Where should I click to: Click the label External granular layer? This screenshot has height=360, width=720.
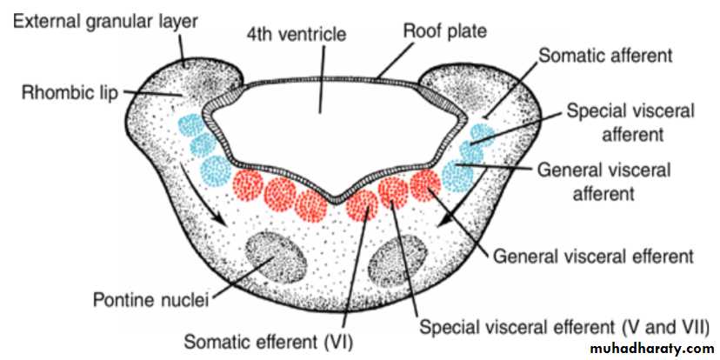coord(105,22)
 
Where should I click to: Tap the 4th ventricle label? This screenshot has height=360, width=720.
coord(297,35)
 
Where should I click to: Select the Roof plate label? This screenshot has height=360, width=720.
coord(444,31)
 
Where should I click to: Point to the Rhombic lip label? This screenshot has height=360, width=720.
coord(70,94)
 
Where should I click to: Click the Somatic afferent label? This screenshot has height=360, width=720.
coord(606,56)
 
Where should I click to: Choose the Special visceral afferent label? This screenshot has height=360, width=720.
coord(630,123)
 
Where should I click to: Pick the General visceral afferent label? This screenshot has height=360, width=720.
coord(603,181)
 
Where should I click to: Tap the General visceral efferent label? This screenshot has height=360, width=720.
coord(593,257)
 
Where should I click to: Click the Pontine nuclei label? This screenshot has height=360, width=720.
coord(151,301)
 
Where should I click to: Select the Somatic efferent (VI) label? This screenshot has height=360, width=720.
coord(268,341)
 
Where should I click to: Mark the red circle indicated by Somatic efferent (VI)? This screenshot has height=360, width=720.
coord(363,206)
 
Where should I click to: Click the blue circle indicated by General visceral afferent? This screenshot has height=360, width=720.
coord(457,176)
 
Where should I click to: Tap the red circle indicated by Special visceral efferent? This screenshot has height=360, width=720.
coord(393,193)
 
